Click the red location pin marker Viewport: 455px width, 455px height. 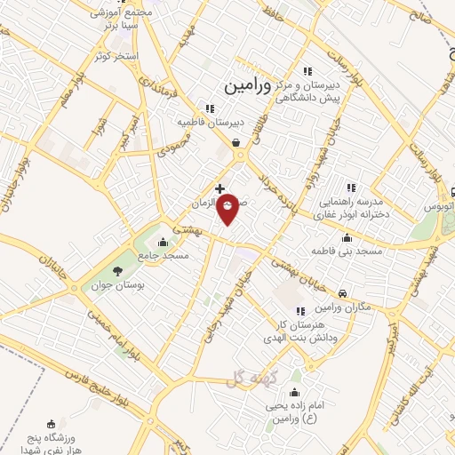(x=228, y=207)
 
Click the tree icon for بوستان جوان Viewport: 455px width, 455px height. (x=118, y=272)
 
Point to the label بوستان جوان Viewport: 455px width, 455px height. (x=123, y=288)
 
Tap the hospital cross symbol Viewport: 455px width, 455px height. (x=220, y=188)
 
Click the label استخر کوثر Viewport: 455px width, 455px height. (x=117, y=56)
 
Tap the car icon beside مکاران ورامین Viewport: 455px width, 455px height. (x=343, y=293)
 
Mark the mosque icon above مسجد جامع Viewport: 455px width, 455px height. (x=162, y=243)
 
